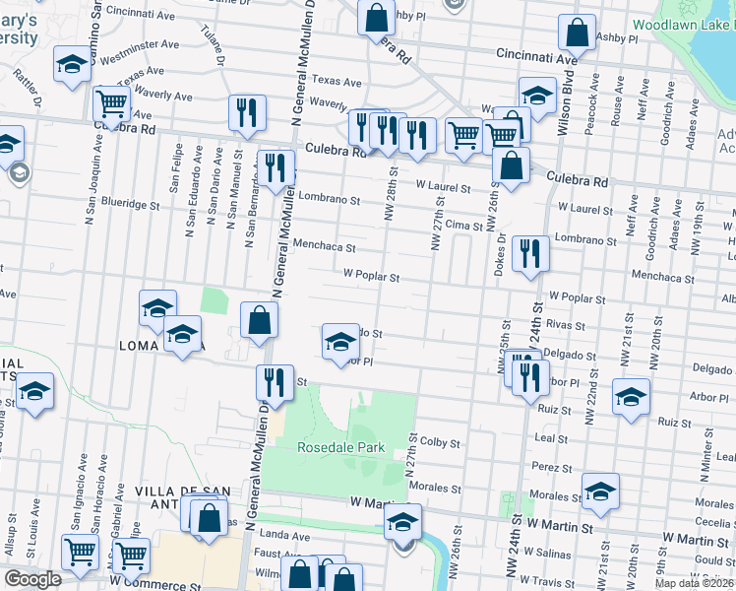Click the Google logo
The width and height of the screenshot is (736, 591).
click(32, 579)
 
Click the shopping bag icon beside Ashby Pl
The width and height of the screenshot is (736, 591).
click(577, 33)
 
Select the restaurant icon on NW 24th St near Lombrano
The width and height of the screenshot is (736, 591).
click(530, 254)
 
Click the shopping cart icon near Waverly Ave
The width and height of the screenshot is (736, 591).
click(112, 102)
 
